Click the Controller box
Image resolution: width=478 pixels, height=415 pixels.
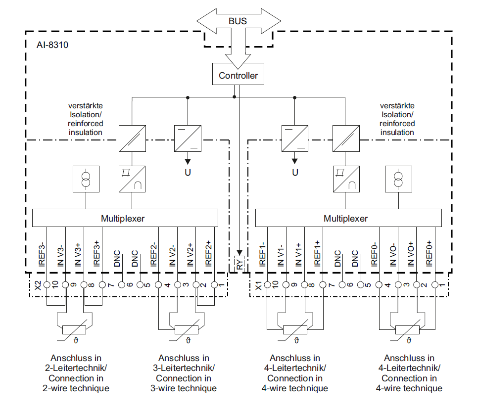tap(238, 75)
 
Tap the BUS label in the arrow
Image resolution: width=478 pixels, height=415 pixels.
tap(238, 21)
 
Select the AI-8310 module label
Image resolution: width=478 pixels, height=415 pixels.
tap(52, 45)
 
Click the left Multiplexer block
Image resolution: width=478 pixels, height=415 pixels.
tap(125, 218)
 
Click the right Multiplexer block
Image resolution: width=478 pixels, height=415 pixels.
tap(348, 218)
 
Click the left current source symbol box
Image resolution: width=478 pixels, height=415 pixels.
tap(87, 179)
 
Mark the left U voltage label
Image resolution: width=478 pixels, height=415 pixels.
tap(188, 173)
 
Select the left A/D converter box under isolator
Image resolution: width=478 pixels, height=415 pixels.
tap(132, 179)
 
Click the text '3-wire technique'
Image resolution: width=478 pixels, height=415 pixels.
tap(184, 388)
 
